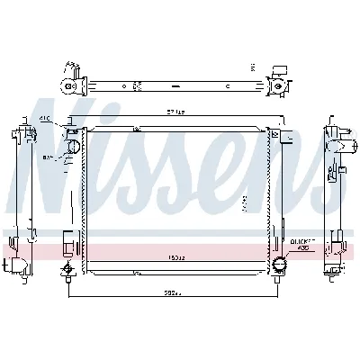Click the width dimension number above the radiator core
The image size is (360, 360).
tap(176, 112)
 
